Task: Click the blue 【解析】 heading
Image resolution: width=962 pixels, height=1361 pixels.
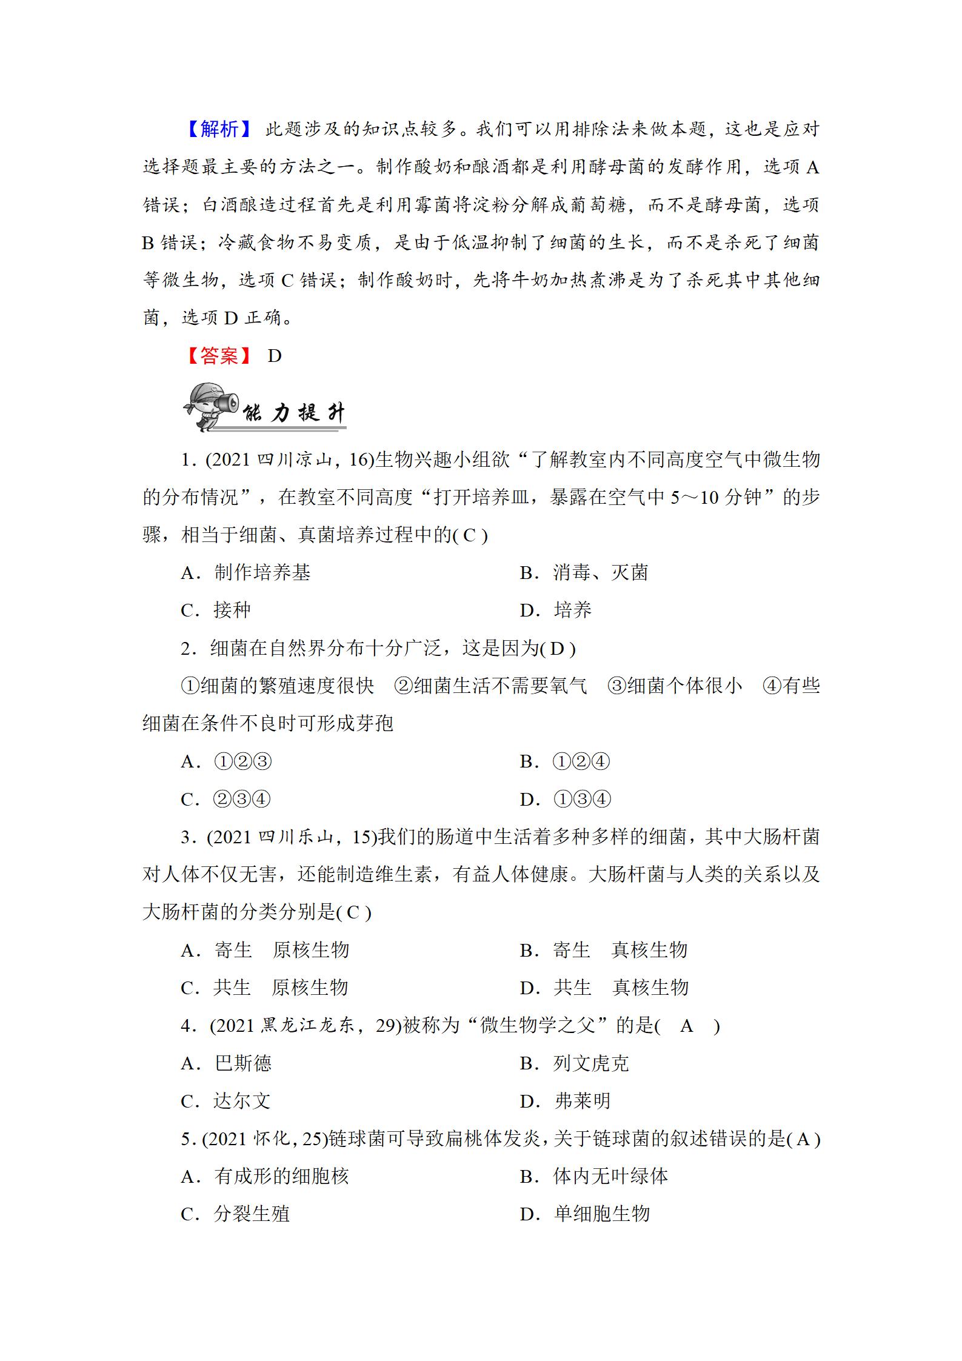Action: pyautogui.click(x=219, y=129)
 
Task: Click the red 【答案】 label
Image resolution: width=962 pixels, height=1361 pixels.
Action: pyautogui.click(x=219, y=356)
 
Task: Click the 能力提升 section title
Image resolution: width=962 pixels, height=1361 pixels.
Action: pyautogui.click(x=294, y=413)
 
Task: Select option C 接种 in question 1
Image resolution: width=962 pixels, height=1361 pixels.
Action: pyautogui.click(x=216, y=610)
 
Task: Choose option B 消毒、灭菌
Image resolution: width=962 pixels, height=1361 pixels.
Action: pyautogui.click(x=584, y=573)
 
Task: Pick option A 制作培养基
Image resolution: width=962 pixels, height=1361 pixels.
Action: pyautogui.click(x=246, y=573)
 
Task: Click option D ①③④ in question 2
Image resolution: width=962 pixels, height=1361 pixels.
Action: pyautogui.click(x=565, y=800)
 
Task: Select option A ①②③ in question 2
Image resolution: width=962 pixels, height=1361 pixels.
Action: pyautogui.click(x=226, y=762)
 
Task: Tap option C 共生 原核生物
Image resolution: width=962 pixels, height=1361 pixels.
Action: pyautogui.click(x=264, y=988)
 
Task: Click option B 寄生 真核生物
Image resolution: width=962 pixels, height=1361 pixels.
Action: pyautogui.click(x=603, y=950)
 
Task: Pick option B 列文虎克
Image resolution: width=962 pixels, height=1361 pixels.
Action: pyautogui.click(x=574, y=1063)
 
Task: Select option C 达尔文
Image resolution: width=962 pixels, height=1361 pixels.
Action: pyautogui.click(x=225, y=1101)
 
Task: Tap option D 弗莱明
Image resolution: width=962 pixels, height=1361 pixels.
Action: pyautogui.click(x=565, y=1101)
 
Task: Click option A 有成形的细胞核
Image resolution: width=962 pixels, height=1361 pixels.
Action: pyautogui.click(x=265, y=1177)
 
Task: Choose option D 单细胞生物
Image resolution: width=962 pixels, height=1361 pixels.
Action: pyautogui.click(x=584, y=1214)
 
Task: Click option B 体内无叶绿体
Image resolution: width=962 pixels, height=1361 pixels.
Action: pyautogui.click(x=593, y=1177)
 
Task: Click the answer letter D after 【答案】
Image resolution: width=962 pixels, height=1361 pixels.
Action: pyautogui.click(x=275, y=356)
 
